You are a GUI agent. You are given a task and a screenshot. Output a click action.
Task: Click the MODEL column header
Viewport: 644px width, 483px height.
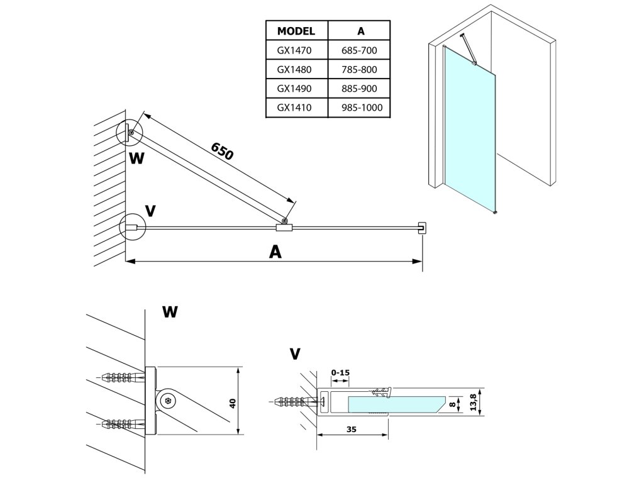[x=296, y=31]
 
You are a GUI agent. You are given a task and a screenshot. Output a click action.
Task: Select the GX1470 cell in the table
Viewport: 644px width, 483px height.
[x=294, y=50]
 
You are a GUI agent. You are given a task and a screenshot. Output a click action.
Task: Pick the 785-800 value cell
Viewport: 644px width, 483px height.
[x=359, y=70]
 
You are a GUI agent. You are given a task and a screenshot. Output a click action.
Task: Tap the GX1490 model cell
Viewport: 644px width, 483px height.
[x=294, y=89]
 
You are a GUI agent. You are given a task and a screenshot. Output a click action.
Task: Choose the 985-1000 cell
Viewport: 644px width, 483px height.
[x=362, y=108]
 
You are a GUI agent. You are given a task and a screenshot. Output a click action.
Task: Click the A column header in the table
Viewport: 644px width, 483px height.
[x=360, y=31]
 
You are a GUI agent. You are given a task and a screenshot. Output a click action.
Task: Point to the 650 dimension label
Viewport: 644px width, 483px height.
[x=222, y=151]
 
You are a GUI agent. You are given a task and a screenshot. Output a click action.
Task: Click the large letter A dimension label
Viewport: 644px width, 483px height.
[x=275, y=252]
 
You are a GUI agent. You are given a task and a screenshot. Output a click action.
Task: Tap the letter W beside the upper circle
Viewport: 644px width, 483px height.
[x=136, y=158]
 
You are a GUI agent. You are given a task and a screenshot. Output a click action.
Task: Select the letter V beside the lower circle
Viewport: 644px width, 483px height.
[x=151, y=211]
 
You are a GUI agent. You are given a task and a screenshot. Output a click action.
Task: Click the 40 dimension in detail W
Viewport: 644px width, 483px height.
[x=233, y=403]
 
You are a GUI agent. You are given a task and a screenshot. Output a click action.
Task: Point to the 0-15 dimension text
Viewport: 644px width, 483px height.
[x=340, y=373]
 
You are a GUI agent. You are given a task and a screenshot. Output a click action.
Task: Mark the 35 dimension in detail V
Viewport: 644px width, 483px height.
[x=351, y=430]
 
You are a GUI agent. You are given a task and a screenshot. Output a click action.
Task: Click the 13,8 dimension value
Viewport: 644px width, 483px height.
[x=473, y=402]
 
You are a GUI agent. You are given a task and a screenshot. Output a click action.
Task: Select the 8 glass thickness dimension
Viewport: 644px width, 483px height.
[x=452, y=404]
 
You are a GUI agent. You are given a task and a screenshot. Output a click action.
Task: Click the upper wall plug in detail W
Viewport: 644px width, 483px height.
[x=123, y=377]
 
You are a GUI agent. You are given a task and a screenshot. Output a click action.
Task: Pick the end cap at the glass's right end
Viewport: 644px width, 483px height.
[x=421, y=228]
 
